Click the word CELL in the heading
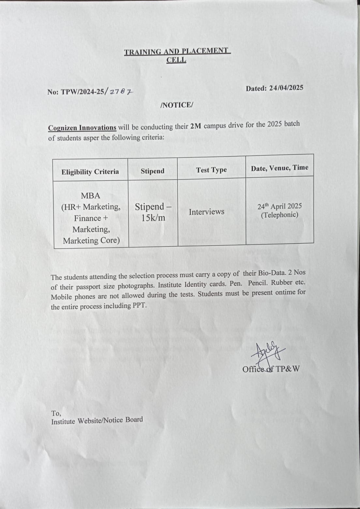coord(176,60)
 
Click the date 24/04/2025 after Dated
coord(286,88)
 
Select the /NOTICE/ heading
coord(177,105)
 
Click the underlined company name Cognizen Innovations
coord(82,128)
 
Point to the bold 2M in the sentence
coord(195,126)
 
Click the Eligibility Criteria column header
coord(90,172)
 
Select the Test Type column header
coord(211,170)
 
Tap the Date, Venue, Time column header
coord(279,168)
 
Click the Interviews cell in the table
coord(206,212)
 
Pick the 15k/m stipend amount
coord(153,218)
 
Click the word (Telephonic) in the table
coord(279,215)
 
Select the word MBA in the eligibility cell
coord(90,196)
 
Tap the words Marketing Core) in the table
coord(91,241)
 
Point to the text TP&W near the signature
coord(287,369)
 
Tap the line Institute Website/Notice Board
coord(97,421)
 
